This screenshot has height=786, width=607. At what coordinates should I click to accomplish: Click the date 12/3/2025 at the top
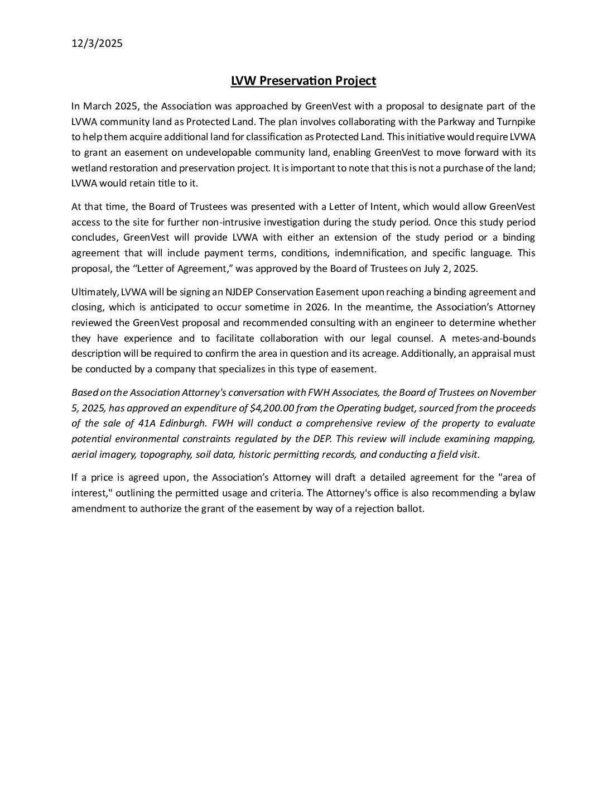[97, 44]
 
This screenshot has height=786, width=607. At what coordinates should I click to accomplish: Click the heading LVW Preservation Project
[303, 81]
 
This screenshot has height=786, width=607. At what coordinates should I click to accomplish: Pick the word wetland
[88, 168]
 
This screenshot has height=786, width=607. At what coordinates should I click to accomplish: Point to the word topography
[165, 454]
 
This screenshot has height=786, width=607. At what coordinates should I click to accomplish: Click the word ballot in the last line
[409, 509]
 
